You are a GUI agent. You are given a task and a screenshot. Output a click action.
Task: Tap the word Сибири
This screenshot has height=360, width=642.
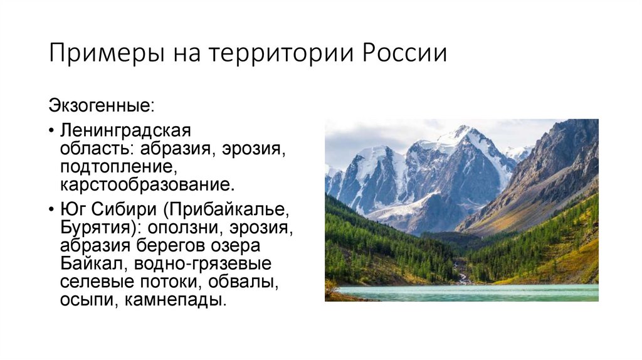click(x=128, y=209)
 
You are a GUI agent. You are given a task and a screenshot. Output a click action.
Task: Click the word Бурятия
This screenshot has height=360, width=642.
click(x=92, y=227)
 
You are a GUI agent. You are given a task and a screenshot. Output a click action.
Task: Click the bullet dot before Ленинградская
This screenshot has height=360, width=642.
click(x=50, y=132)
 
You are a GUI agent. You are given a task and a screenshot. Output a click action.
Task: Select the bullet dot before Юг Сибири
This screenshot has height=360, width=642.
click(x=50, y=209)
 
